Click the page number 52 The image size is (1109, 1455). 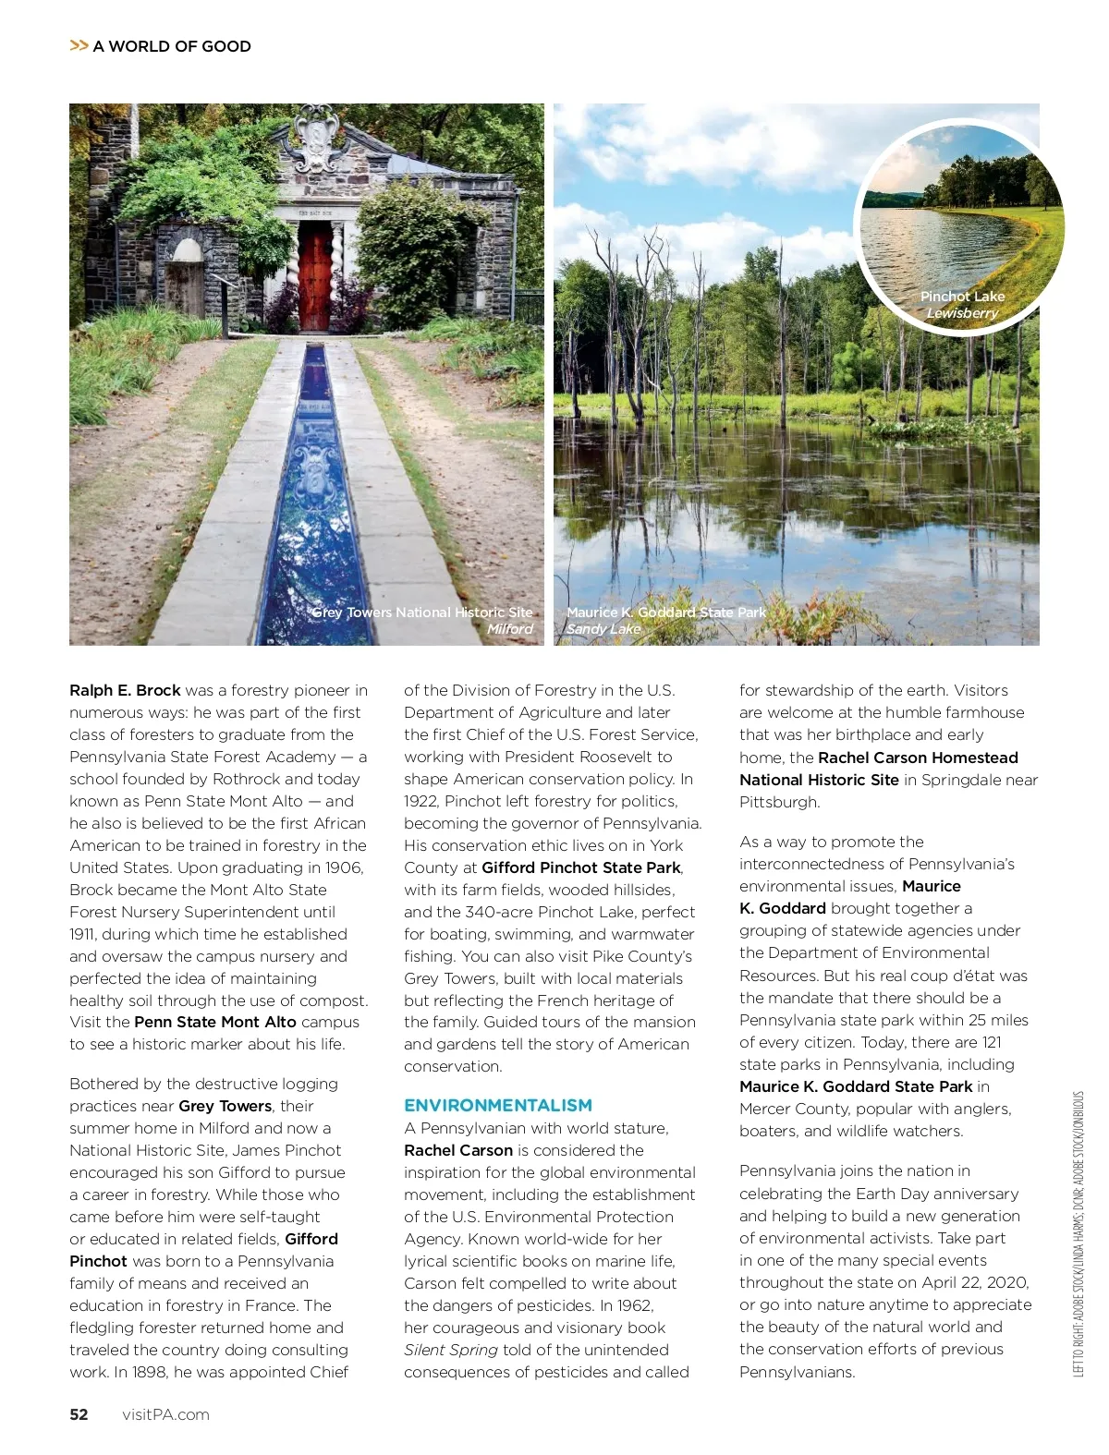pos(79,1414)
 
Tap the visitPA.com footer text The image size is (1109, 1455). pos(165,1414)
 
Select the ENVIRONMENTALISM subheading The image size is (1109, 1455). pos(498,1105)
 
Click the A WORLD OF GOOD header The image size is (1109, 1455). pos(172,46)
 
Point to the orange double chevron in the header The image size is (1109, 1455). pos(79,45)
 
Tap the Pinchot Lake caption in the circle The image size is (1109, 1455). pos(962,297)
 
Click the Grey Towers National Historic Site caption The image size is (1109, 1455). pos(422,612)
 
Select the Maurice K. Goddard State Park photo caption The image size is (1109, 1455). pos(666,612)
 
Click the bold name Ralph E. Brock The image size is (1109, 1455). pos(125,690)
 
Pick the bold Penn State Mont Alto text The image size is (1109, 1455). pos(215,1022)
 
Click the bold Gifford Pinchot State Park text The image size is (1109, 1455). pos(581,867)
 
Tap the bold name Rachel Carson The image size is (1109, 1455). pos(458,1150)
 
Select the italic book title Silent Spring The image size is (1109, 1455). pos(451,1350)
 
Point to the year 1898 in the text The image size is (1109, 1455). pos(149,1372)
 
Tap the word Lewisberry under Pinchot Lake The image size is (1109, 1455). pos(962,313)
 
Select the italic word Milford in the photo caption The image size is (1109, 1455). pos(509,629)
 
